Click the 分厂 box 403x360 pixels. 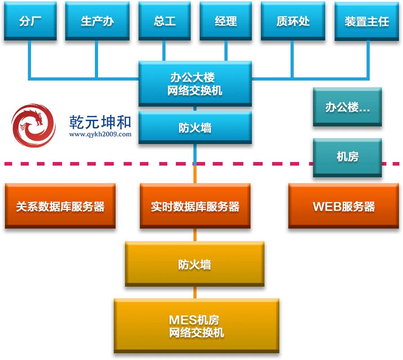(x=30, y=21)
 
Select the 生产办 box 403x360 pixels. (x=97, y=21)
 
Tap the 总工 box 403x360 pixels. (x=165, y=21)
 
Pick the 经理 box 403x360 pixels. (x=226, y=21)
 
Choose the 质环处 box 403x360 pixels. (x=293, y=21)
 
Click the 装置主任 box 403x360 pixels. (x=367, y=21)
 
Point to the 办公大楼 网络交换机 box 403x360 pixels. (x=195, y=84)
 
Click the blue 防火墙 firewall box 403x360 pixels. (x=195, y=128)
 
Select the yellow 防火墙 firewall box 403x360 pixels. (x=194, y=264)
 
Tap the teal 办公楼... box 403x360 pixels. (x=347, y=107)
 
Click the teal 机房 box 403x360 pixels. (x=347, y=157)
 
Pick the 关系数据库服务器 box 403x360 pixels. (x=60, y=206)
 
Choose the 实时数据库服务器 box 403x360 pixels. (x=195, y=206)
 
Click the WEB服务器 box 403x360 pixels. (x=344, y=206)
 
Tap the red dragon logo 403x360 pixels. (x=33, y=126)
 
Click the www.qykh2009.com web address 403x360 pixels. (x=100, y=134)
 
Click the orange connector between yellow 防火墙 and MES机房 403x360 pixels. (x=195, y=292)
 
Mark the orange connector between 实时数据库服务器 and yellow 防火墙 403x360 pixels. (x=195, y=234)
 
